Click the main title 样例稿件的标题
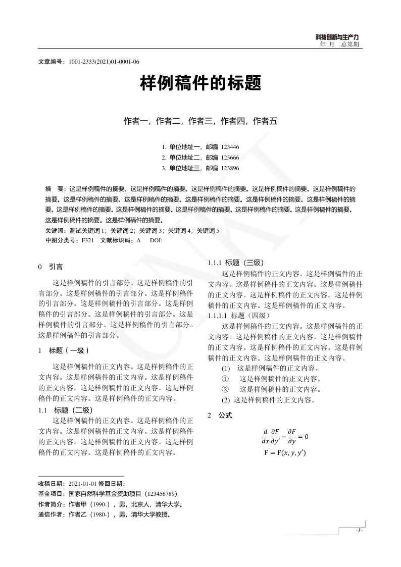(201, 83)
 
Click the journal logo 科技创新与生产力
(337, 37)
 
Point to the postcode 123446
(230, 147)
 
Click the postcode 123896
(230, 168)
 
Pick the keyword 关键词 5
(208, 230)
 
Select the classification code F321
(87, 240)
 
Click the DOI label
(156, 240)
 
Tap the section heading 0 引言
(51, 266)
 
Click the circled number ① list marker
(225, 379)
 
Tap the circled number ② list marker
(225, 389)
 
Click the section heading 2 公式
(220, 415)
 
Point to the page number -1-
(359, 531)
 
